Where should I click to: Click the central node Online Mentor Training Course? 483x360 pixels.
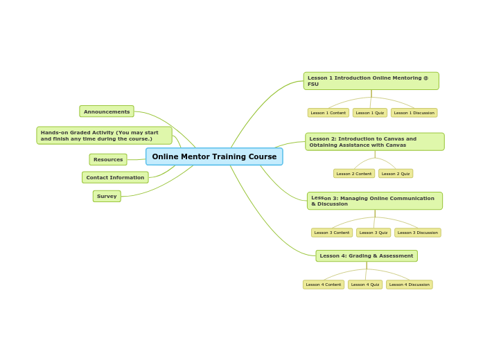click(x=214, y=156)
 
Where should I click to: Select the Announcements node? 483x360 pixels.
click(x=107, y=111)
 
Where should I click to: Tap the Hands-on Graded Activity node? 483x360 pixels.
click(x=104, y=136)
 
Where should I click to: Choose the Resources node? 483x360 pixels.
click(x=108, y=159)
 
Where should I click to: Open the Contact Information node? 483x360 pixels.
click(x=115, y=177)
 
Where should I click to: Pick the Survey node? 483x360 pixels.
click(x=107, y=196)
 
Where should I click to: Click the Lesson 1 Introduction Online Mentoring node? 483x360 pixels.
click(x=371, y=81)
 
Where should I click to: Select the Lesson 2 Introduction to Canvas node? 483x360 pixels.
click(x=374, y=142)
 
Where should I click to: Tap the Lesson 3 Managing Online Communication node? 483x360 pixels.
click(x=374, y=201)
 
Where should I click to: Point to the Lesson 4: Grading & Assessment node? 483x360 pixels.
click(x=367, y=256)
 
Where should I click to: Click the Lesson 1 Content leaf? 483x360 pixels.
click(x=328, y=113)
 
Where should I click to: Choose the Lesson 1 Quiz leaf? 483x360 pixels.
click(x=370, y=113)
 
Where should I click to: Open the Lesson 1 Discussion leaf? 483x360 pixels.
click(x=414, y=113)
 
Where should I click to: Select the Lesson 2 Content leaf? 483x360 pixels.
click(x=354, y=174)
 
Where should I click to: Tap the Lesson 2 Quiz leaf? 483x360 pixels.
click(x=396, y=174)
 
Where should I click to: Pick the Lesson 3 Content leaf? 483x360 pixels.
click(x=332, y=233)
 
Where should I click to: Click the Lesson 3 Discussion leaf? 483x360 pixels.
click(x=417, y=233)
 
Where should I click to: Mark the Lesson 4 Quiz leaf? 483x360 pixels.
click(x=365, y=285)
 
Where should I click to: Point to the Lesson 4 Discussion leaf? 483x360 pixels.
click(x=409, y=285)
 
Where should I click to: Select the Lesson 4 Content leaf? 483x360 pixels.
click(x=324, y=285)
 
